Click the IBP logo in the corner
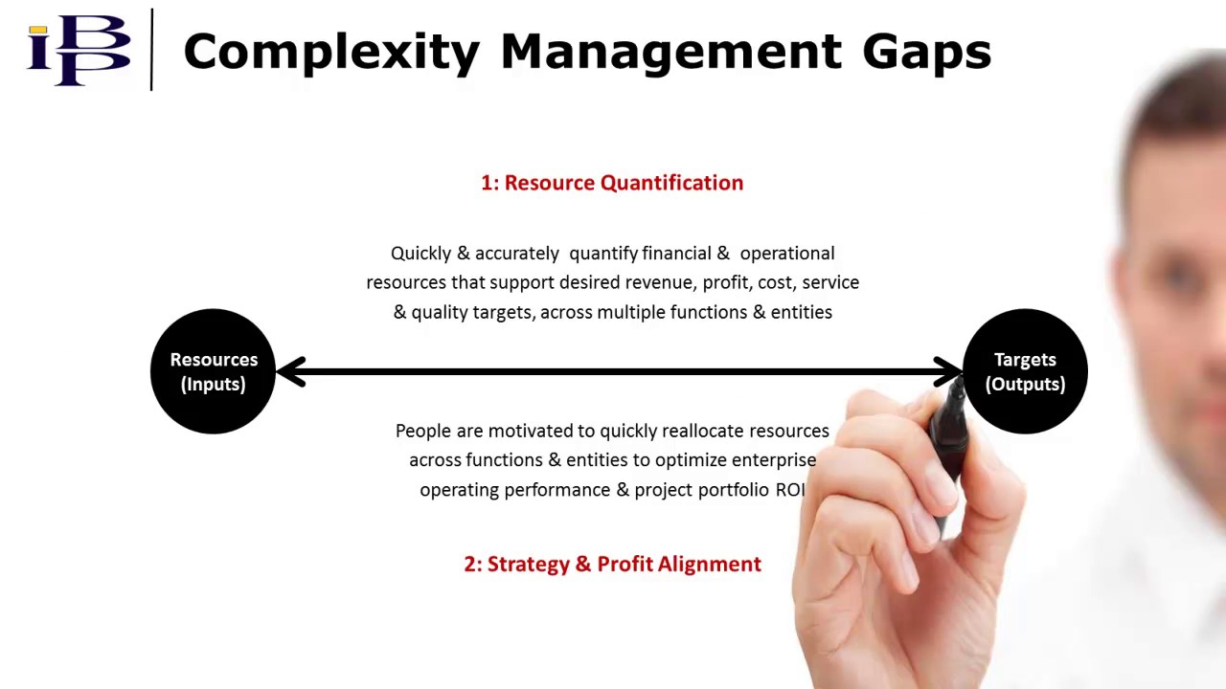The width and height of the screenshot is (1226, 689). tap(79, 50)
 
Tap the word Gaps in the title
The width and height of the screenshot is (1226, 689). tap(926, 52)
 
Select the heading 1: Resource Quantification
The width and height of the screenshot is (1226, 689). tap(612, 183)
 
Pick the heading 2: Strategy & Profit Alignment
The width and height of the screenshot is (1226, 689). tap(612, 564)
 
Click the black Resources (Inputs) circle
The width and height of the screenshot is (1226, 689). tap(213, 371)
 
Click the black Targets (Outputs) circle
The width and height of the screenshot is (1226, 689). tap(1025, 371)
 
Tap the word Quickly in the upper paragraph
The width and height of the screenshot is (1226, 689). tap(420, 254)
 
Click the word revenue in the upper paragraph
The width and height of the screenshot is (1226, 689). tap(660, 282)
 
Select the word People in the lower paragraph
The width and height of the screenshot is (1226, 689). tap(422, 431)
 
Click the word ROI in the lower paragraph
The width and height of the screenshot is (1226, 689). tap(790, 490)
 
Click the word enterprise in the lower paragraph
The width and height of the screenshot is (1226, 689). tap(774, 460)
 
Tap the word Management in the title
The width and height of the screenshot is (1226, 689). tap(670, 52)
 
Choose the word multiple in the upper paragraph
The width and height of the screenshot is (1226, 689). tap(631, 312)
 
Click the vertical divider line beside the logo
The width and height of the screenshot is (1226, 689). tap(151, 50)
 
